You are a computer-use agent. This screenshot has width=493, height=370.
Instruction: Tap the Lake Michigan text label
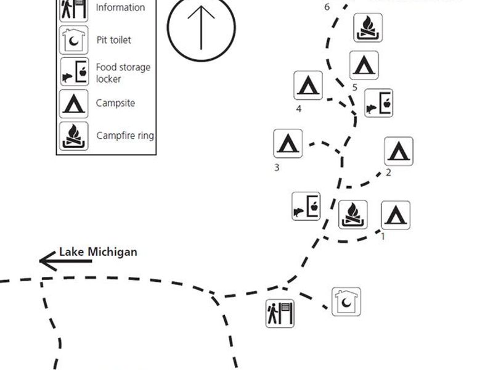[98, 252]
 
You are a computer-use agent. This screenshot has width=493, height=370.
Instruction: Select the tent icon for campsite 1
[396, 215]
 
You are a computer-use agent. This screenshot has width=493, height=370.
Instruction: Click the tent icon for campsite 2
[399, 151]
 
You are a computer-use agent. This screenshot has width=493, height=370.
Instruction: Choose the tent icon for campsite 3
[288, 143]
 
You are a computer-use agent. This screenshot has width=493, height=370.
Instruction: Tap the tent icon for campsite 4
[308, 86]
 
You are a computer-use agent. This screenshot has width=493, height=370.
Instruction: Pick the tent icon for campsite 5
[364, 65]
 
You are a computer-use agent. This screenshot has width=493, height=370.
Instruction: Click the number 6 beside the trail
[327, 7]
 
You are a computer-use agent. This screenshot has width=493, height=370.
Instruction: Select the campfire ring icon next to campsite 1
[353, 215]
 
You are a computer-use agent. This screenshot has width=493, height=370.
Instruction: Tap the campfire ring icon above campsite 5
[368, 28]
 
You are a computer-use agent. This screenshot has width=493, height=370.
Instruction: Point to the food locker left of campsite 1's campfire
[306, 207]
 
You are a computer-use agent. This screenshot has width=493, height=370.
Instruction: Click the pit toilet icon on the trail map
[346, 302]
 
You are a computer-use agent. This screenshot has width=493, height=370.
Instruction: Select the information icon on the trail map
[280, 313]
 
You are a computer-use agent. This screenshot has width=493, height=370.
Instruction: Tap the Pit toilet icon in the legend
[73, 40]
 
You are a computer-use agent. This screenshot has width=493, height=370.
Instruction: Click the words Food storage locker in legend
[123, 73]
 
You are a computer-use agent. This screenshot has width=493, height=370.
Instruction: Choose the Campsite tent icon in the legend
[73, 104]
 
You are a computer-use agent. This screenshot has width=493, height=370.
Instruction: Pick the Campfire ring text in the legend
[125, 136]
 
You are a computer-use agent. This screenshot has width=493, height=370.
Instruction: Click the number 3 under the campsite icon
[277, 167]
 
